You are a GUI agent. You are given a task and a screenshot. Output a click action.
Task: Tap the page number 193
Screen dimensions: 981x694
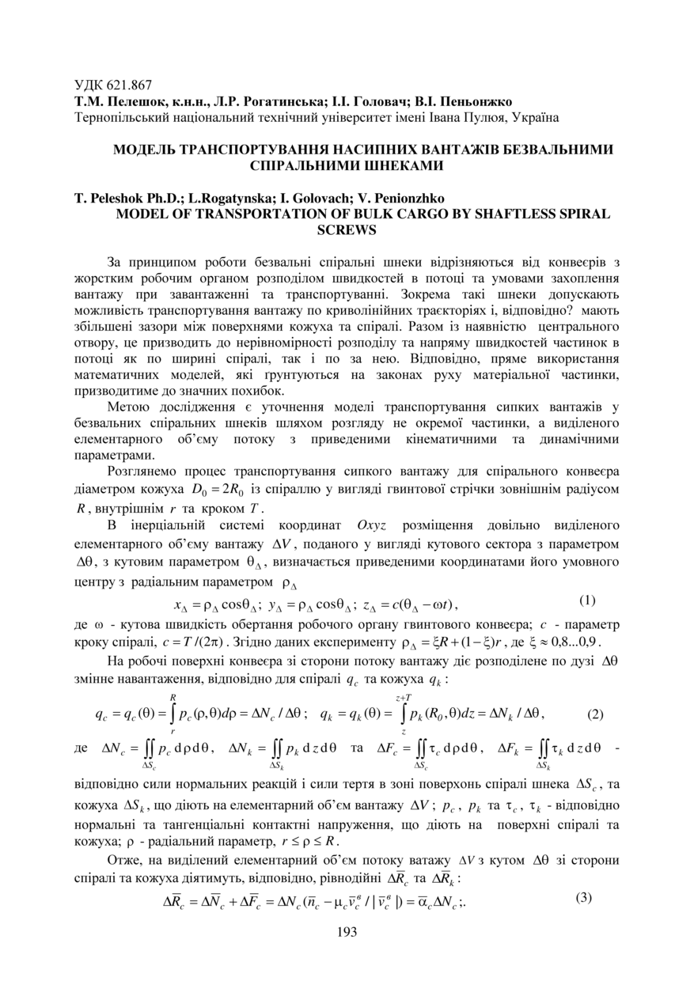347,931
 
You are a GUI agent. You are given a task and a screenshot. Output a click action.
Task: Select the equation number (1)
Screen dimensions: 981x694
587,600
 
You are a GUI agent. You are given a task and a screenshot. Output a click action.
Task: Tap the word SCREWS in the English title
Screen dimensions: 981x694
346,229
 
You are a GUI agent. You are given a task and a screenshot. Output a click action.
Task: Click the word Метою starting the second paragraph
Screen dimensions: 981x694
129,407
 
